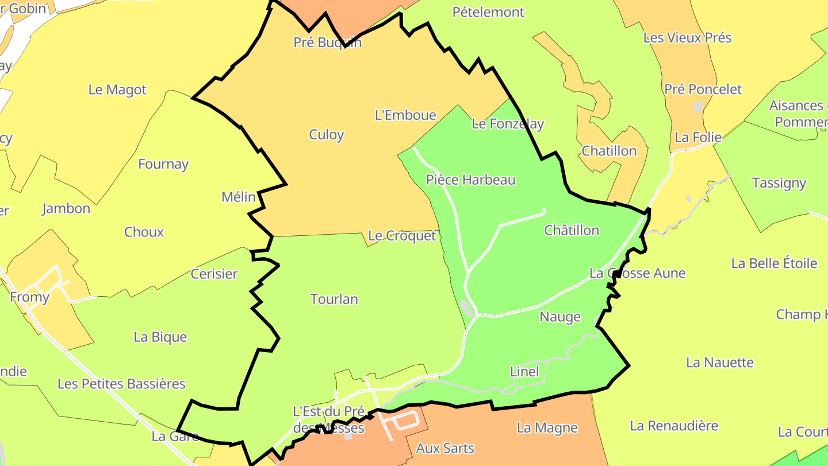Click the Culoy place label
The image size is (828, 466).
[x=327, y=135]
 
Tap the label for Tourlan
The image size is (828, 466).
[x=334, y=299]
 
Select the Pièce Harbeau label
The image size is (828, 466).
[x=471, y=180]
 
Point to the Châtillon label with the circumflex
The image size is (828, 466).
[x=572, y=231]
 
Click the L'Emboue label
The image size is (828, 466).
[x=405, y=115]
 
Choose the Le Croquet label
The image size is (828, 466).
[x=402, y=236]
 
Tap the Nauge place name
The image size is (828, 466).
[x=560, y=317]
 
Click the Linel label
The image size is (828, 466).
[x=524, y=372]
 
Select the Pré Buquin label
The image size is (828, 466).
[x=328, y=43]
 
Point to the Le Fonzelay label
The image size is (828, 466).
[x=508, y=124]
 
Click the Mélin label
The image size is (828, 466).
[x=239, y=197]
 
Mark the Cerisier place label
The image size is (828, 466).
[x=214, y=274]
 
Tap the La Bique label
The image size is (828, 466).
[x=160, y=337]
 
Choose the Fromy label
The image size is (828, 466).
[x=30, y=297]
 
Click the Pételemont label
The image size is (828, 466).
[x=489, y=12]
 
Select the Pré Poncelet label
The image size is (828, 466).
[x=703, y=90]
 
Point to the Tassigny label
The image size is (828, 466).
[x=779, y=184]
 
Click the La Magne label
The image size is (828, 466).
[x=547, y=428]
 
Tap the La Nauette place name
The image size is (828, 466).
[x=720, y=363]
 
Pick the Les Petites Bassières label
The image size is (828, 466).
[x=121, y=384]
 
